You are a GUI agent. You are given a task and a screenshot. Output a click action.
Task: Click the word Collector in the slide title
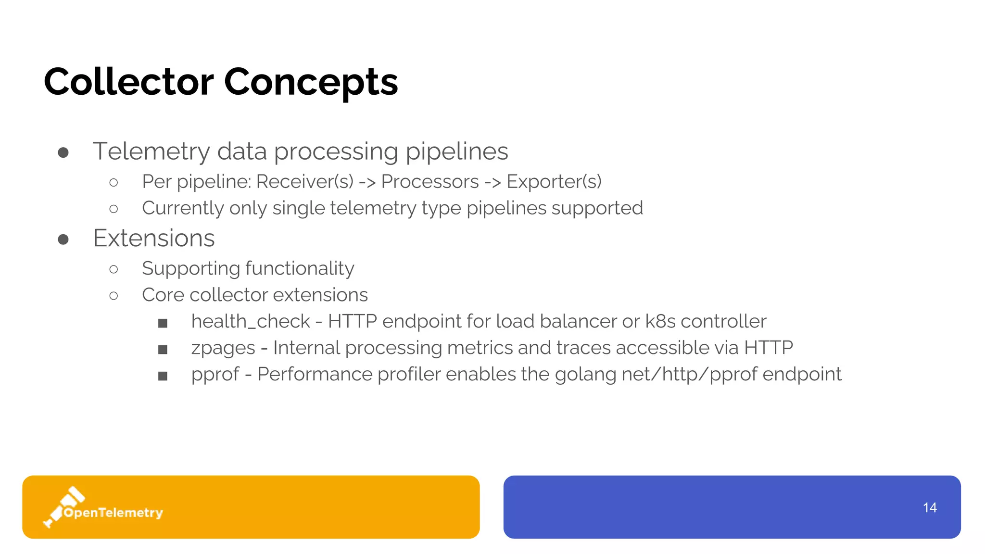point(128,82)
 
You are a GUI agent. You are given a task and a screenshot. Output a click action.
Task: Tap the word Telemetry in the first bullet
point(151,151)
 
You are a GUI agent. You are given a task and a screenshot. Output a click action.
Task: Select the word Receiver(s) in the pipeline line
point(304,182)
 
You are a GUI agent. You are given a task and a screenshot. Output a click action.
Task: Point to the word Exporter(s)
point(554,182)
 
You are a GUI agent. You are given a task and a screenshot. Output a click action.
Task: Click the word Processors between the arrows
point(430,182)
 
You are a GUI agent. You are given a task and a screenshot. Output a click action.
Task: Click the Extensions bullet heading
point(154,238)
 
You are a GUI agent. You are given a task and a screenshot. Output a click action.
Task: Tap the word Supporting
point(190,268)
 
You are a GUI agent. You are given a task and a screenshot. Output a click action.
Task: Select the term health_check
point(251,321)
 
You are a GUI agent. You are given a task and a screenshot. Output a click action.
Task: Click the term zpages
point(223,348)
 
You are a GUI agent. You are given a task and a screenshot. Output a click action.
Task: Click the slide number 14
point(930,507)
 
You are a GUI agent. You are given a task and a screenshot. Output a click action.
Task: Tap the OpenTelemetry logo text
point(114,513)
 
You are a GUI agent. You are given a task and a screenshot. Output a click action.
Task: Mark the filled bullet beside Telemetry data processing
point(63,152)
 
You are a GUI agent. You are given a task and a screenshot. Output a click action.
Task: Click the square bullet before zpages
point(163,350)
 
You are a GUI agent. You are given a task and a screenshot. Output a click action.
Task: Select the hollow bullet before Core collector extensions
point(114,295)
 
